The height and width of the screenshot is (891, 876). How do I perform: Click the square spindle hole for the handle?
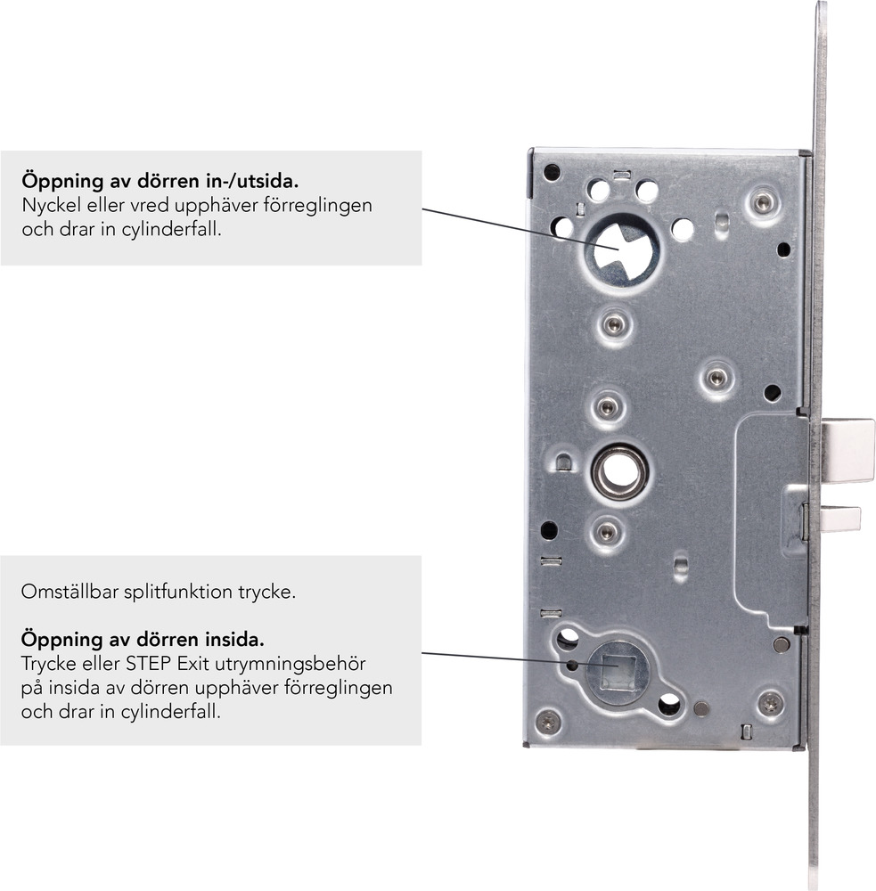coord(618,671)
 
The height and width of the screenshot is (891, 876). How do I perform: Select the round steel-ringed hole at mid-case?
coord(618,471)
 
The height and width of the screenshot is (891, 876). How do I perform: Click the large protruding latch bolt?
coord(847,449)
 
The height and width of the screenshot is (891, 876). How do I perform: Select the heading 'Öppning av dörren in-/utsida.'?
coord(160,181)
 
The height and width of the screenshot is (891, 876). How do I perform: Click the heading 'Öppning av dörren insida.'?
coord(143,639)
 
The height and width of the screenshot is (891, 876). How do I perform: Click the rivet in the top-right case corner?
coord(762,201)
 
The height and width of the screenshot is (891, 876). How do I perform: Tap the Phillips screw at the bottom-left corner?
coord(547,722)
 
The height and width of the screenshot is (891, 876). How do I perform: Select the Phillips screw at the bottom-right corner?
coord(770,704)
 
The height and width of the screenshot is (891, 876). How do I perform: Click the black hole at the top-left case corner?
coord(552,172)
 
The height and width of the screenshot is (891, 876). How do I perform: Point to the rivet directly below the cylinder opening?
coord(614,325)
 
